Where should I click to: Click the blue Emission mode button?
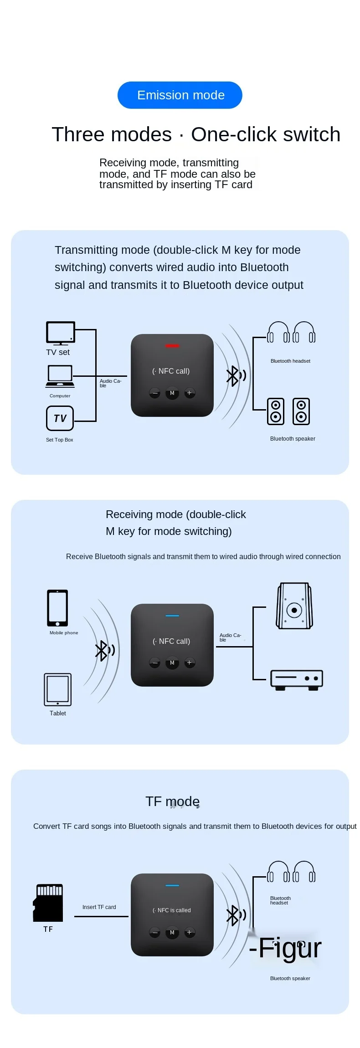[180, 95]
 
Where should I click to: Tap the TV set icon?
[60, 334]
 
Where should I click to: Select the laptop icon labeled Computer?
[60, 376]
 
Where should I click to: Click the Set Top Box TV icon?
[60, 418]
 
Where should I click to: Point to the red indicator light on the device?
[172, 346]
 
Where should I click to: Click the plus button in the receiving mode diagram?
[190, 663]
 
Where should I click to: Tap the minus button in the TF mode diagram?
[155, 932]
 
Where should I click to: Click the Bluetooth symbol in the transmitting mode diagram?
[233, 376]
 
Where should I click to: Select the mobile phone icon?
[57, 608]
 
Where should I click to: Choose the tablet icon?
[58, 689]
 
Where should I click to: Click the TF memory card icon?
[48, 903]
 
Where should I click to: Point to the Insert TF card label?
[99, 907]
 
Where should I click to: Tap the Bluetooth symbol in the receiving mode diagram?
[102, 650]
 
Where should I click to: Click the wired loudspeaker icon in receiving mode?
[294, 606]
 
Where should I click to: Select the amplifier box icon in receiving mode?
[297, 679]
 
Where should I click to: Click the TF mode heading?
[173, 801]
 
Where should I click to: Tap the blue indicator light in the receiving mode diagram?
[172, 616]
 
